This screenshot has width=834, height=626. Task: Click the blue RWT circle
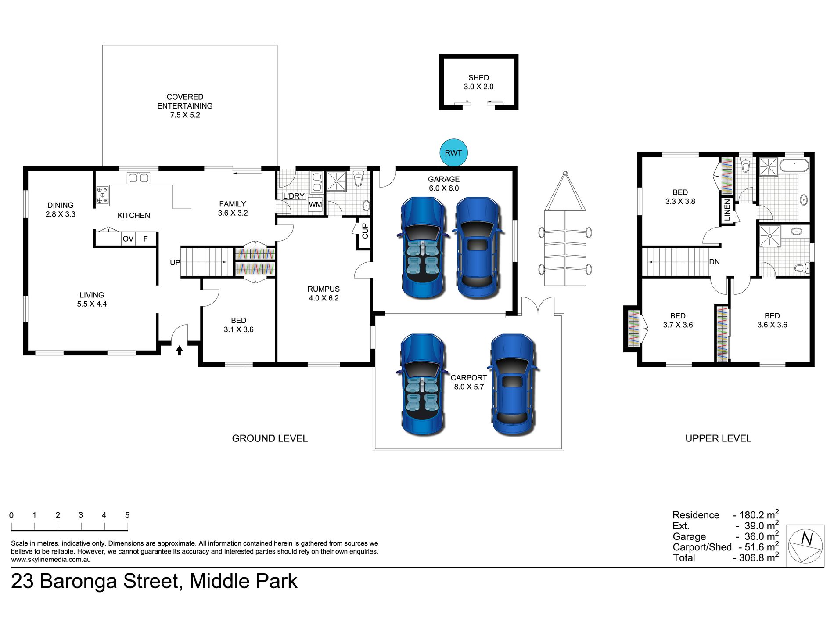pyautogui.click(x=453, y=152)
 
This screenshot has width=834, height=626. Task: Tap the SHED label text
pyautogui.click(x=478, y=78)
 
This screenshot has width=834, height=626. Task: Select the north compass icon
pyautogui.click(x=805, y=545)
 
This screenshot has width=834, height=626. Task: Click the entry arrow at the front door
pyautogui.click(x=179, y=350)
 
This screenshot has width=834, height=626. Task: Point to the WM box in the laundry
pyautogui.click(x=315, y=204)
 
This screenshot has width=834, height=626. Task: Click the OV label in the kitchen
pyautogui.click(x=128, y=239)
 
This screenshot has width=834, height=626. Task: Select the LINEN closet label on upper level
pyautogui.click(x=727, y=210)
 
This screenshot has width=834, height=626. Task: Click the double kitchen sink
pyautogui.click(x=138, y=178)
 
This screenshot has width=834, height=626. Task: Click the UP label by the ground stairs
pyautogui.click(x=175, y=263)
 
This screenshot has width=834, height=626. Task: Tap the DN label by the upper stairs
pyautogui.click(x=714, y=262)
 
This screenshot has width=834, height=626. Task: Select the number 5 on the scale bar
pyautogui.click(x=127, y=515)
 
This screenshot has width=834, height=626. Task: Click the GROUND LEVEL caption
pyautogui.click(x=270, y=438)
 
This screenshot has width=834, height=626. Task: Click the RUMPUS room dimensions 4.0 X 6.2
pyautogui.click(x=324, y=298)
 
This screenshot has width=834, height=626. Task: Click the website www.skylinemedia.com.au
pyautogui.click(x=51, y=560)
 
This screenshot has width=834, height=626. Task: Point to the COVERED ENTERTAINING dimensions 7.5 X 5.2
pyautogui.click(x=185, y=115)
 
